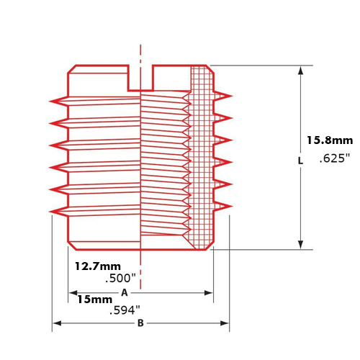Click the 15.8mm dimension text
(328, 140)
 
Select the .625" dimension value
(333, 159)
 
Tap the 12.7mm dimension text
(98, 265)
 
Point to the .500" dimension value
(122, 278)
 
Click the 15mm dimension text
(94, 299)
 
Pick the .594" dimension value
(125, 311)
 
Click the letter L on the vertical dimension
(300, 161)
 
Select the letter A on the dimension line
(124, 293)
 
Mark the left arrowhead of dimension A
(72, 293)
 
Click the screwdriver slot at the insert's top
(140, 78)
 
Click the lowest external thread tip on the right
(232, 207)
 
